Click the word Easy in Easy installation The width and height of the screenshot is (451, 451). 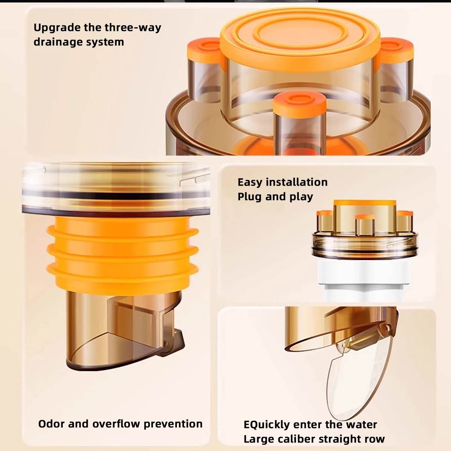pyautogui.click(x=250, y=183)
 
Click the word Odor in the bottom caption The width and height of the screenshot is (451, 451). pyautogui.click(x=51, y=424)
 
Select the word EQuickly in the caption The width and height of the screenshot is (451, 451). pyautogui.click(x=269, y=425)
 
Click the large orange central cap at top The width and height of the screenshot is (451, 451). pyautogui.click(x=300, y=39)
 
